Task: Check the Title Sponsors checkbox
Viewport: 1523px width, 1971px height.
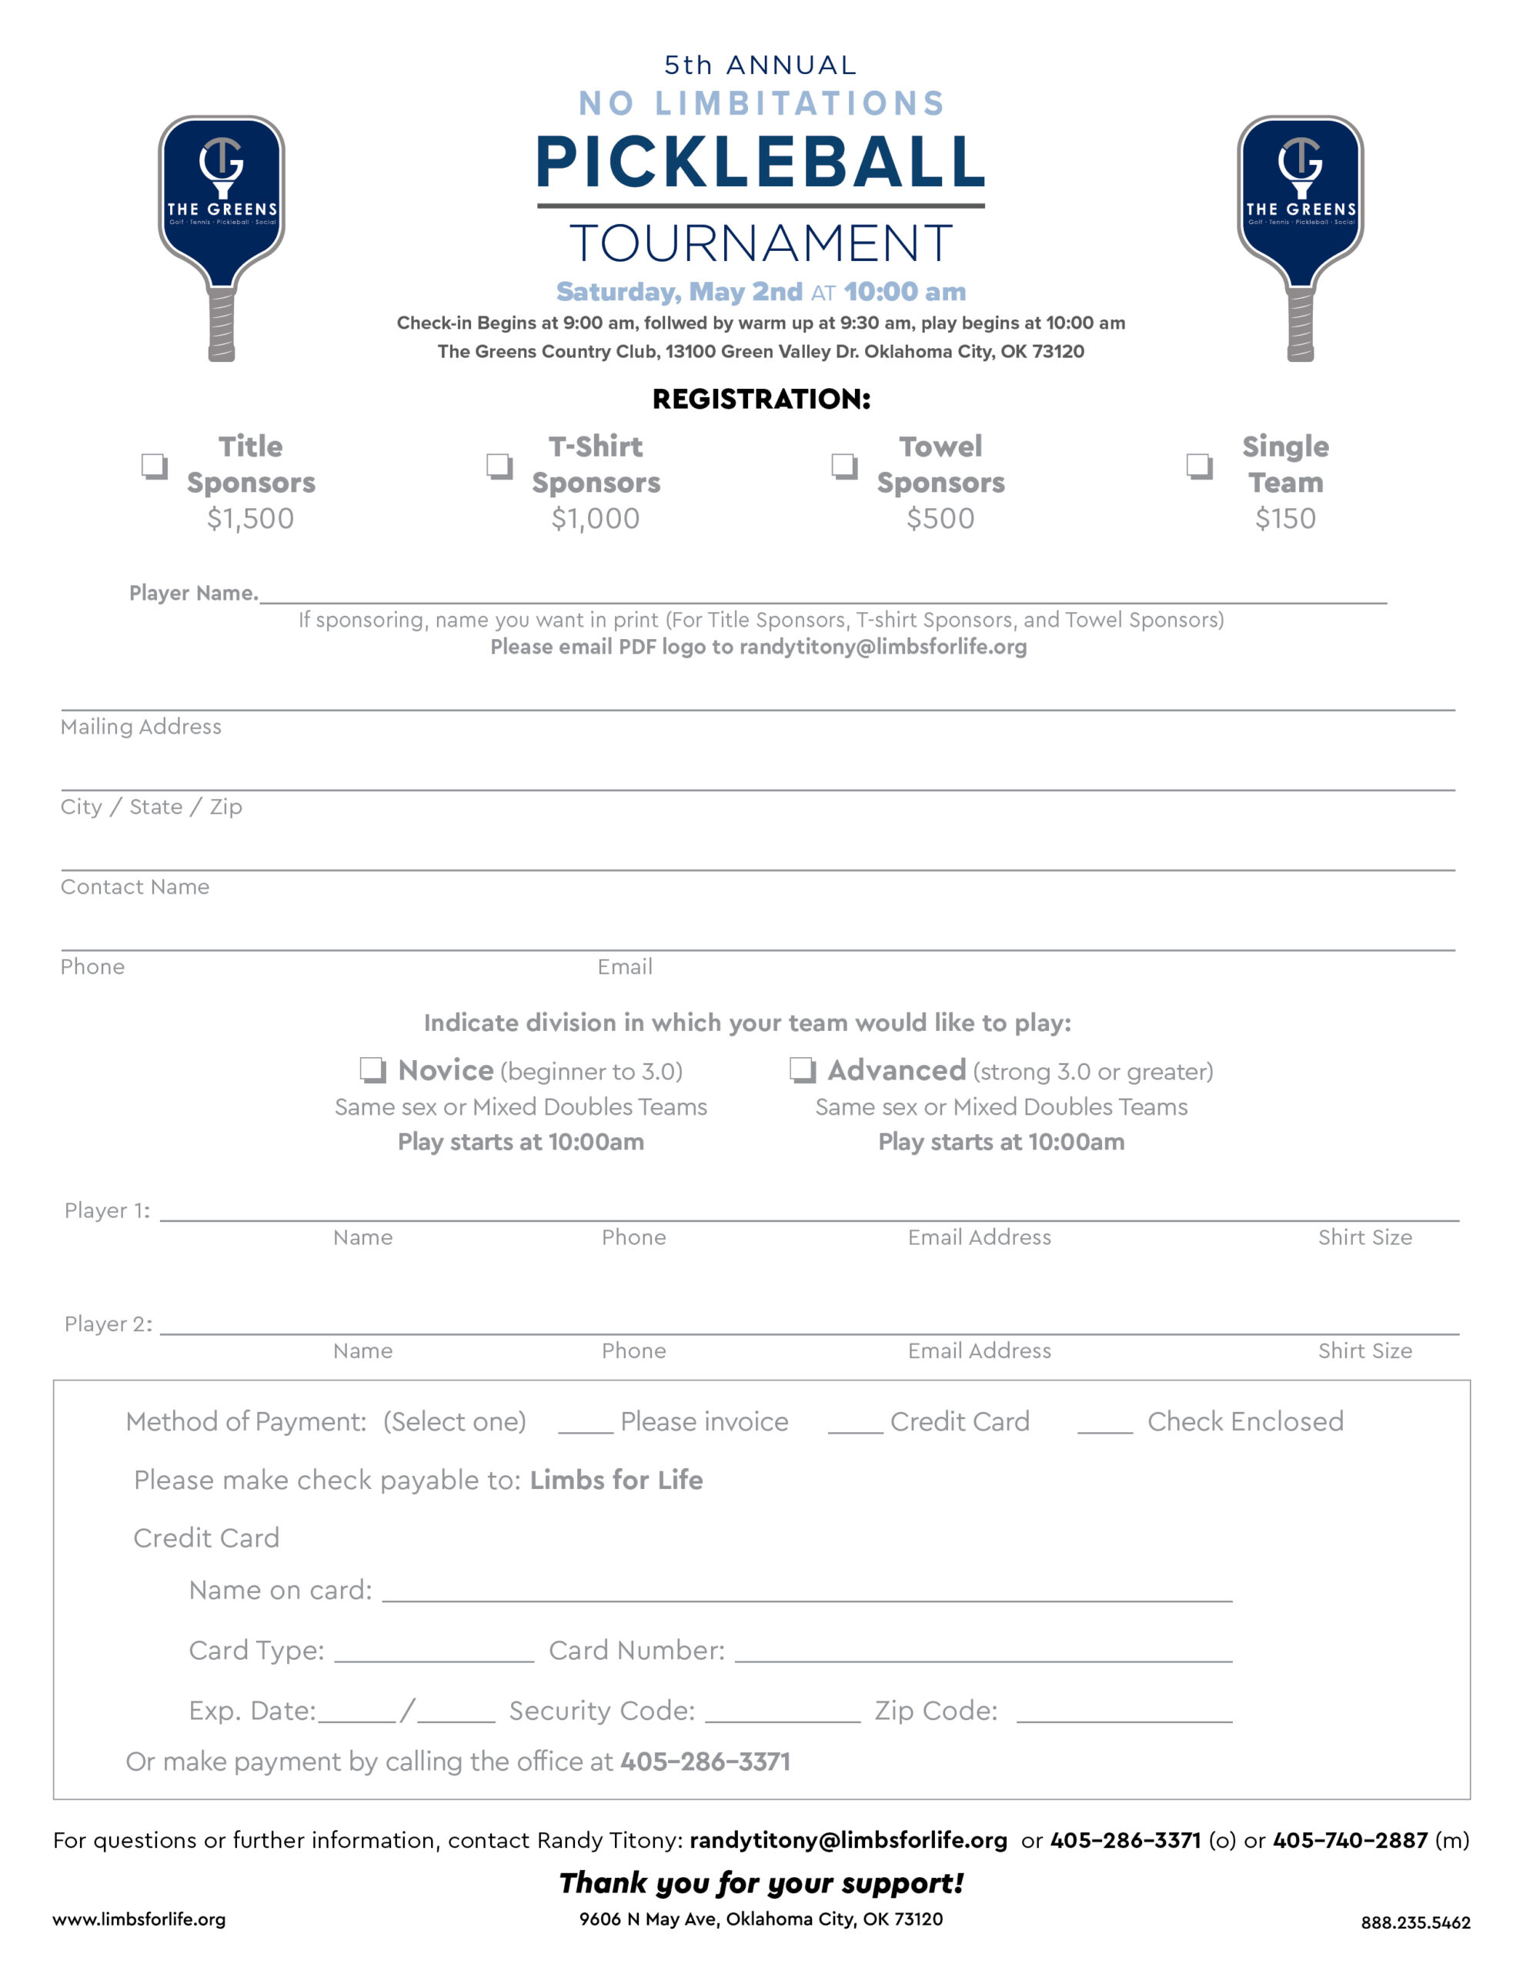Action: (x=154, y=466)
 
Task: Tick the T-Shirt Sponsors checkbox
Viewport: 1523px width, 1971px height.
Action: (x=499, y=466)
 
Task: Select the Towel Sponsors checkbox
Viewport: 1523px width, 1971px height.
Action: (x=843, y=466)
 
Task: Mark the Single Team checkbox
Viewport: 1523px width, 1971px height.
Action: (x=1198, y=466)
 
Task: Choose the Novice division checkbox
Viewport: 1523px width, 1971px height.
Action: (x=372, y=1069)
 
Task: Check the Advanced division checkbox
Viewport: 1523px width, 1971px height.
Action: (x=802, y=1069)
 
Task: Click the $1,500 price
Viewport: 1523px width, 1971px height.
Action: (x=250, y=518)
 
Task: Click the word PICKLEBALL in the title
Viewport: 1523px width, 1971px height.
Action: (x=760, y=163)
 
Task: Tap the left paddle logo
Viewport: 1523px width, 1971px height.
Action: (x=222, y=236)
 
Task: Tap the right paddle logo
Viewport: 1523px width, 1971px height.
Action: (x=1300, y=236)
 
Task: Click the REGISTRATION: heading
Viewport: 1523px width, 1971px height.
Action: (x=760, y=399)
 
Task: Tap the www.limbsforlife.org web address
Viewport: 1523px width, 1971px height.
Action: (x=139, y=1919)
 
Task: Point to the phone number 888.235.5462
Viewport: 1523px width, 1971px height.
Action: (x=1414, y=1923)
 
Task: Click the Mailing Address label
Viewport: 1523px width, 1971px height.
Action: (x=141, y=727)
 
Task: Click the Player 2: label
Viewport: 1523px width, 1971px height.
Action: (x=109, y=1324)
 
